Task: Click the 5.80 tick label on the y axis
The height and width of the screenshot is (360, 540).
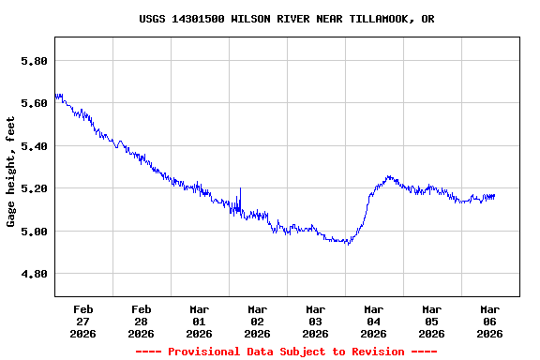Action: coord(34,61)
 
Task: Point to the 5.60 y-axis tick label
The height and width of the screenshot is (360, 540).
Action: coord(34,103)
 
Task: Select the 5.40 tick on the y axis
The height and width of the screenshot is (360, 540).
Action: coord(34,146)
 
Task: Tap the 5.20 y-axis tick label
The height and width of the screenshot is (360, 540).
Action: coord(34,188)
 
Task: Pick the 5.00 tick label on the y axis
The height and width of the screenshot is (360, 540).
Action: coord(34,232)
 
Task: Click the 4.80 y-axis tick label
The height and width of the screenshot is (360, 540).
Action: coord(34,274)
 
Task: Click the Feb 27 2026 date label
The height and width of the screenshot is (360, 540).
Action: coord(82,321)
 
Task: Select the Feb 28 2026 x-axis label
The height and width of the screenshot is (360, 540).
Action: coord(141,321)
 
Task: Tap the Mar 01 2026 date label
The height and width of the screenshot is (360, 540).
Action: coord(199,321)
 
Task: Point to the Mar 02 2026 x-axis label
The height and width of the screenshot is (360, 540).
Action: coord(257,321)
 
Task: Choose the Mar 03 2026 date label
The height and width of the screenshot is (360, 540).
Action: coord(315,321)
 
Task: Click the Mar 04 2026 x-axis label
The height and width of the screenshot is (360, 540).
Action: coord(373,321)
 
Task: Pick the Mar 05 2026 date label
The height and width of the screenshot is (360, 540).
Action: coord(431,321)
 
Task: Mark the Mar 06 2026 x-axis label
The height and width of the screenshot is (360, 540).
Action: coord(489,321)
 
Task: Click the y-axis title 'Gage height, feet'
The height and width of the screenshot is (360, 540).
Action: coord(11,172)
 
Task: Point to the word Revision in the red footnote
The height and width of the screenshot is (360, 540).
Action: coord(374,352)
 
